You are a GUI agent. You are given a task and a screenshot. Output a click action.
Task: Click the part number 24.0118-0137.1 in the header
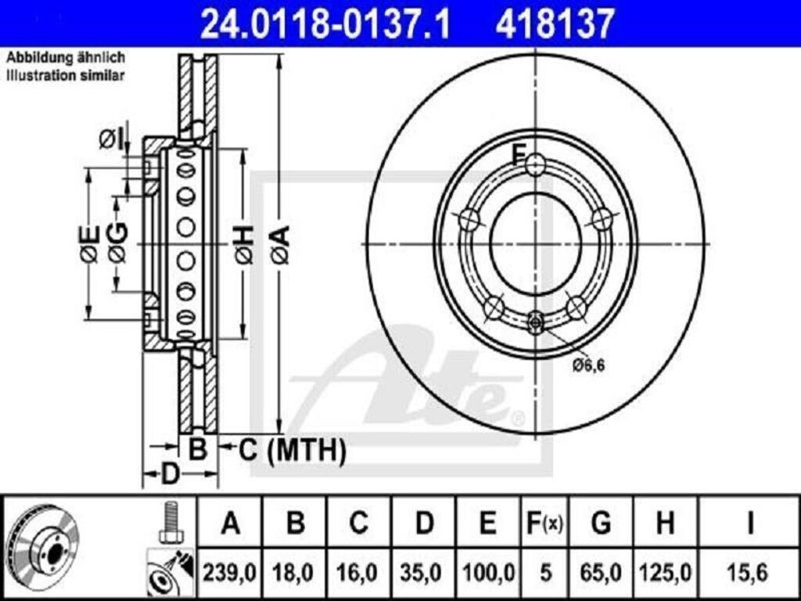325,23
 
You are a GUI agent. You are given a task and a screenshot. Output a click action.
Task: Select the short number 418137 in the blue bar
554,23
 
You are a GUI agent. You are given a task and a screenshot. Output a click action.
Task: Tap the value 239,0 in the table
229,572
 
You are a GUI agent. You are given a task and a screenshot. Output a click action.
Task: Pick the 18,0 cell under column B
295,572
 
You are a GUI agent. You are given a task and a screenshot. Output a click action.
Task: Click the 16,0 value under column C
359,572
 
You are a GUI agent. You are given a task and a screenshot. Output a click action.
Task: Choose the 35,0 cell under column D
424,572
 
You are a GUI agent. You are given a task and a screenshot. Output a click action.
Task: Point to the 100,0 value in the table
488,572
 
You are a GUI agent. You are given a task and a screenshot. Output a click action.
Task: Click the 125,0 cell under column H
665,572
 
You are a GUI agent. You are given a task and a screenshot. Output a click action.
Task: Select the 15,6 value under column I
749,572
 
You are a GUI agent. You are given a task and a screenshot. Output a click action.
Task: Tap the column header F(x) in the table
544,523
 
